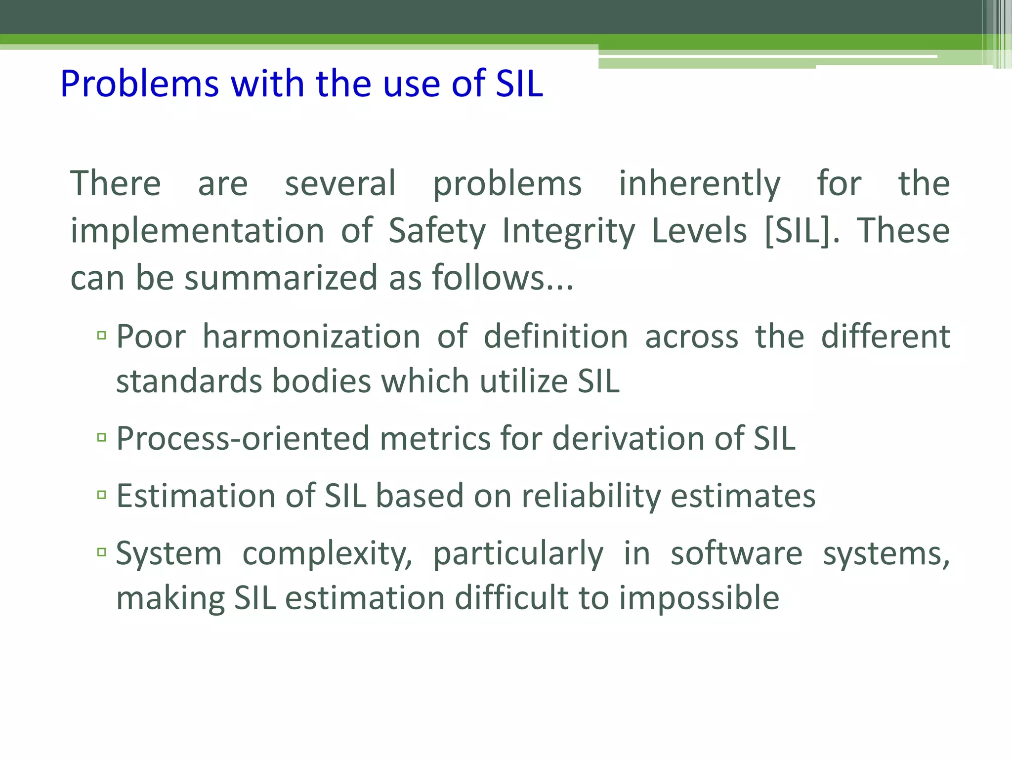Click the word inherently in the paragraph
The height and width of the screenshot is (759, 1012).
click(699, 184)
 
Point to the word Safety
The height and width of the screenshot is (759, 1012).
click(437, 231)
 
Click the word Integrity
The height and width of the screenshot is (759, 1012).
click(568, 231)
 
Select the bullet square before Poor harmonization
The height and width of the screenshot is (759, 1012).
click(102, 336)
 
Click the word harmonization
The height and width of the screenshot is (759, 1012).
click(311, 337)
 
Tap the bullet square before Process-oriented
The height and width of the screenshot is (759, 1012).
click(102, 437)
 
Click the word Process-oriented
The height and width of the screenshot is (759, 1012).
click(243, 439)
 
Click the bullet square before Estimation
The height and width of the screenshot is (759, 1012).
click(102, 494)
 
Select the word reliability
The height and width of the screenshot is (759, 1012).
click(591, 496)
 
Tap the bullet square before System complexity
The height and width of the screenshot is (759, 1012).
click(102, 552)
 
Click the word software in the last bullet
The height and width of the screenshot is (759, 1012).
click(736, 553)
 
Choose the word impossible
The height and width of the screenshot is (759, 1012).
click(699, 598)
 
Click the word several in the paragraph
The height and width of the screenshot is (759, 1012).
click(340, 184)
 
